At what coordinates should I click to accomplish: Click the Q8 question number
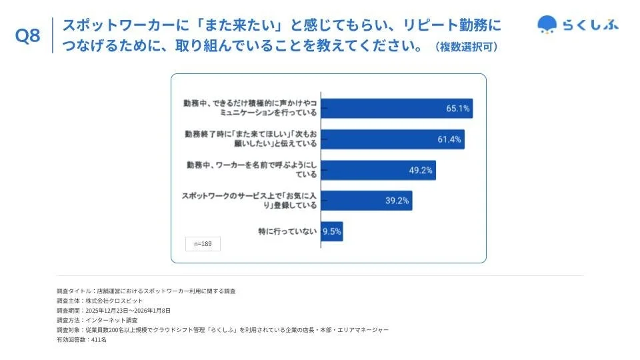(x=28, y=37)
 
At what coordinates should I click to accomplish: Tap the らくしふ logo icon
(x=547, y=25)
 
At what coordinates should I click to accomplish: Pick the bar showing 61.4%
(x=393, y=139)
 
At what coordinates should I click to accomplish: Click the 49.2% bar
(x=378, y=170)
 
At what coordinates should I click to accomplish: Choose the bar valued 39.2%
(x=367, y=201)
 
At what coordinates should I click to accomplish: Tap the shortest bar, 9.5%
(x=332, y=231)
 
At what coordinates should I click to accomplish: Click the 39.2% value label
(x=397, y=201)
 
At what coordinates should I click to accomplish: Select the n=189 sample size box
(x=203, y=244)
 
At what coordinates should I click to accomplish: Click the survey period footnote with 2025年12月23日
(x=114, y=311)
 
